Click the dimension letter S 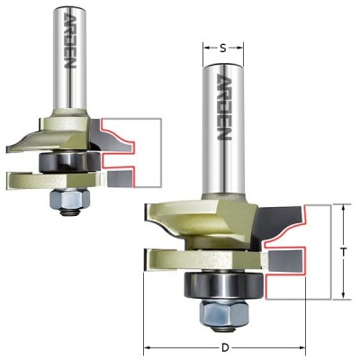(222, 49)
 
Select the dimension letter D (225, 348)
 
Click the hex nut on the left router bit (70, 200)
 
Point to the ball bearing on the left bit (69, 162)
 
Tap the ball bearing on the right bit (225, 284)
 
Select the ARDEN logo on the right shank (224, 107)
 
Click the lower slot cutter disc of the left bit (56, 181)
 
